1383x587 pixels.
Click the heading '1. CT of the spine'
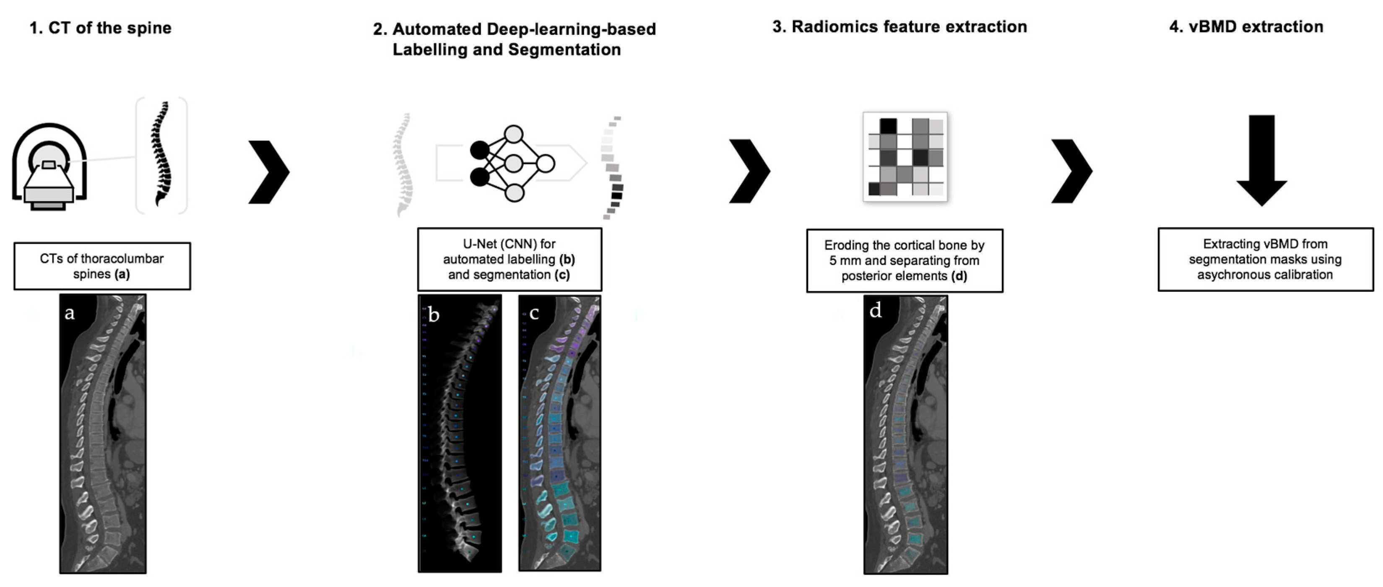point(100,28)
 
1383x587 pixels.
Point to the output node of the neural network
point(546,163)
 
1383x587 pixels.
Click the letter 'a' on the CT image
point(69,312)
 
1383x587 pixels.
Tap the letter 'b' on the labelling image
point(434,314)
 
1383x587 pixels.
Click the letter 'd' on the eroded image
point(875,311)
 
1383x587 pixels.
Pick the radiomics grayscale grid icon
point(905,157)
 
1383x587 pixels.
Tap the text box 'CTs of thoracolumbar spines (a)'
point(102,266)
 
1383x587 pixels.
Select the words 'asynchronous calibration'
point(1265,275)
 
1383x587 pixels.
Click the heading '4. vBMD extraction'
point(1246,27)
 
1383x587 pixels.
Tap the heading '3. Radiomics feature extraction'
point(899,27)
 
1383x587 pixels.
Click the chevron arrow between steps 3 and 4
point(1071,172)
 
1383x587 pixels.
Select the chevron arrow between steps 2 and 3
point(749,172)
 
